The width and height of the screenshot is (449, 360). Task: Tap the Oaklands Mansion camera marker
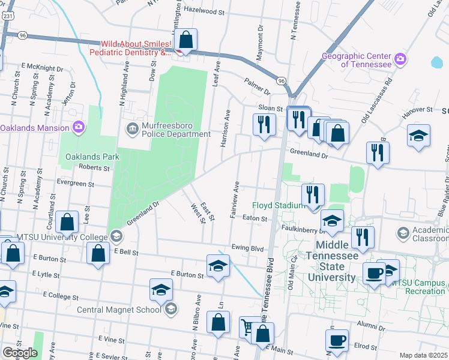[x=78, y=127]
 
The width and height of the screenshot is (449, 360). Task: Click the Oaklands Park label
[x=92, y=157]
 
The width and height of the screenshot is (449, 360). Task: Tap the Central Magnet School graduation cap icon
[x=171, y=310]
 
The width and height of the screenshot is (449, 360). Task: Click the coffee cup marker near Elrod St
[x=336, y=340]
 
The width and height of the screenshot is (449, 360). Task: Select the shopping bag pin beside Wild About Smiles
[x=187, y=41]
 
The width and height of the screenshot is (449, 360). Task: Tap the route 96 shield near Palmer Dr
[x=280, y=80]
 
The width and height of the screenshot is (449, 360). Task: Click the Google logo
[x=20, y=353]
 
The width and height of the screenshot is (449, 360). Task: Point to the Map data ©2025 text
[x=423, y=355]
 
